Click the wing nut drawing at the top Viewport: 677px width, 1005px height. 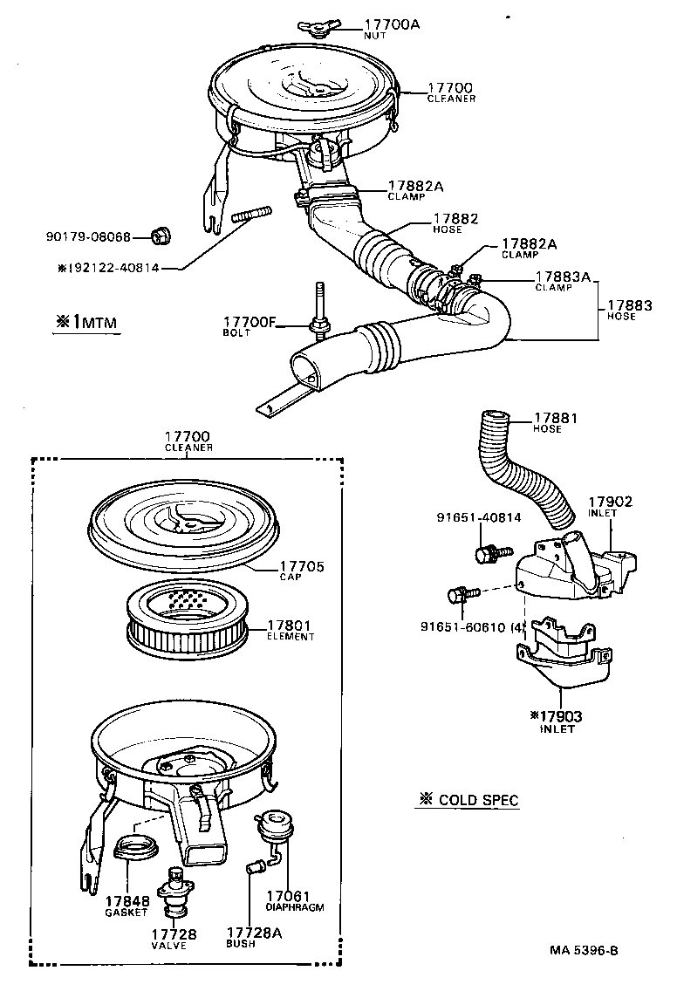coord(318,26)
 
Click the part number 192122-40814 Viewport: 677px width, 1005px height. coord(108,267)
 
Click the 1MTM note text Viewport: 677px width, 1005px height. coord(85,322)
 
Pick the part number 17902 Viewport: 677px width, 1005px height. coord(610,502)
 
